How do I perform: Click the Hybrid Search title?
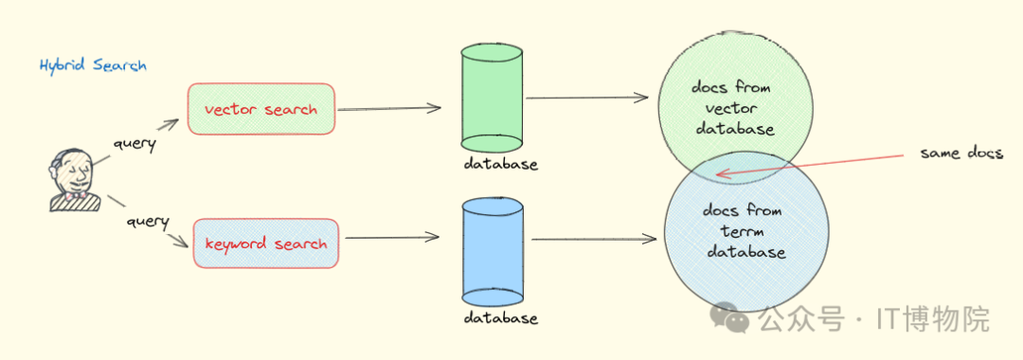pyautogui.click(x=93, y=66)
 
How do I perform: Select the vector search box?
pyautogui.click(x=261, y=109)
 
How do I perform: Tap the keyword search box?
pyautogui.click(x=266, y=243)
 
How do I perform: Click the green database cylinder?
pyautogui.click(x=492, y=98)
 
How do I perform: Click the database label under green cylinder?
pyautogui.click(x=500, y=164)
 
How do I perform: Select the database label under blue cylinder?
pyautogui.click(x=500, y=318)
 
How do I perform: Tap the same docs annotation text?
pyautogui.click(x=961, y=153)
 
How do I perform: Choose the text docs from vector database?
pyautogui.click(x=735, y=108)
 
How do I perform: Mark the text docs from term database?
pyautogui.click(x=743, y=231)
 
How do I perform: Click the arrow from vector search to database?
pyautogui.click(x=389, y=109)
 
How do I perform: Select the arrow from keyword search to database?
pyautogui.click(x=393, y=238)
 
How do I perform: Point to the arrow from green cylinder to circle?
pyautogui.click(x=587, y=98)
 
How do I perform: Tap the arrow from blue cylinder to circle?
pyautogui.click(x=594, y=240)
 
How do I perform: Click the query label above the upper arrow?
pyautogui.click(x=134, y=144)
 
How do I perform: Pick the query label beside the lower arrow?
pyautogui.click(x=147, y=222)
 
